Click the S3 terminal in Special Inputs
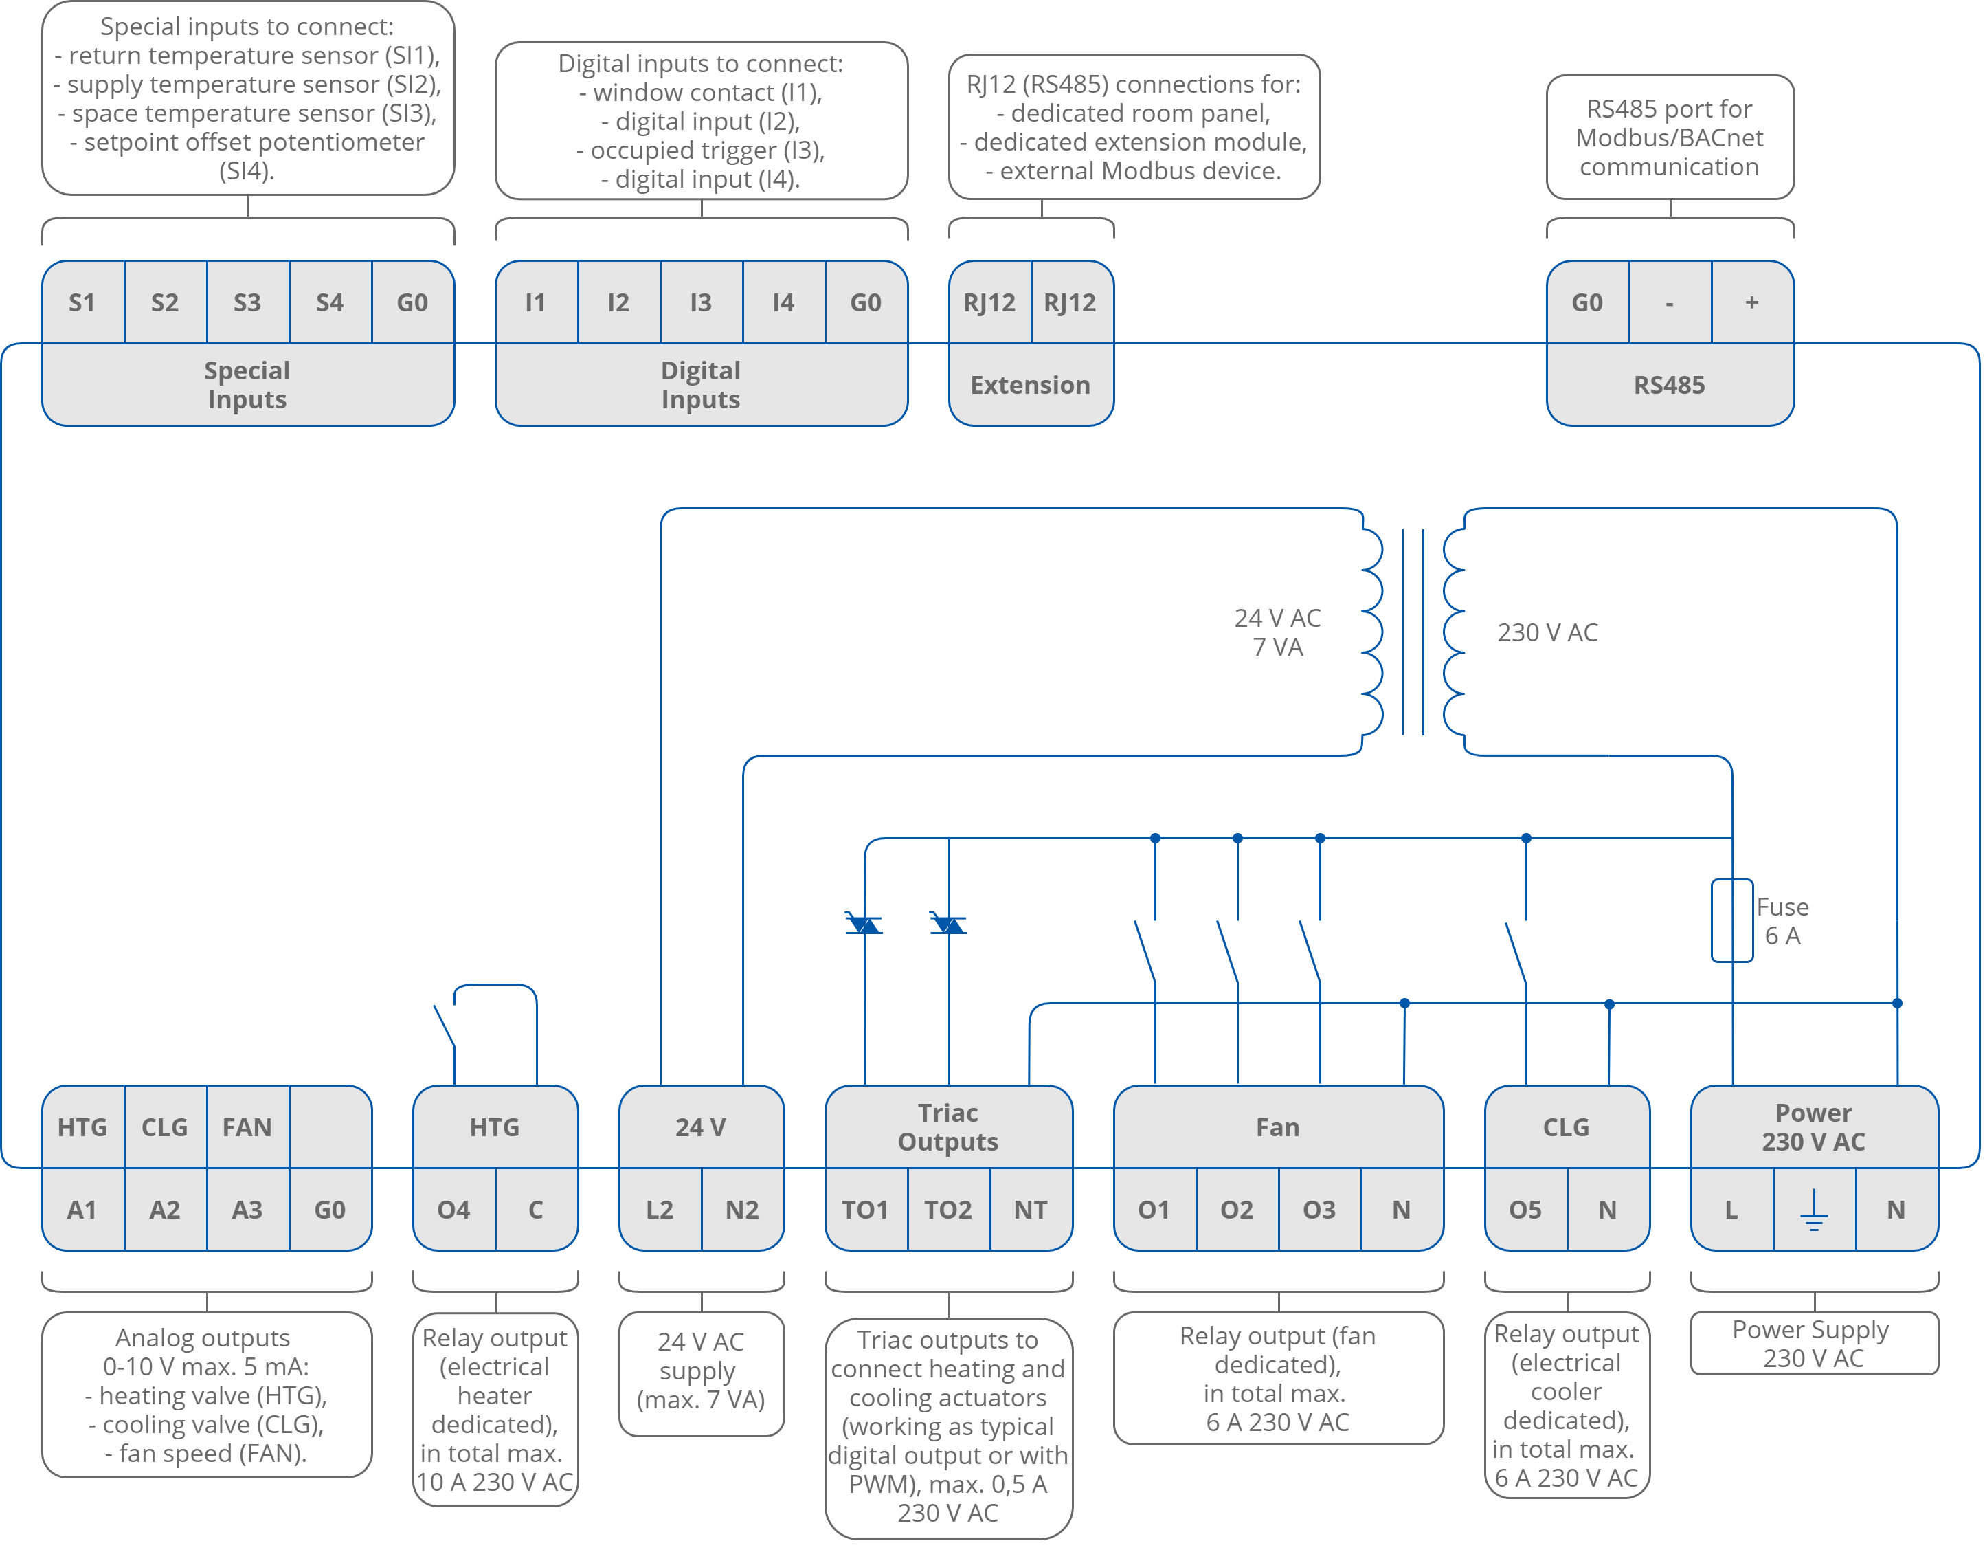(x=247, y=303)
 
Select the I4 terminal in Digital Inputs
(x=783, y=303)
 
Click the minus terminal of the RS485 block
(x=1670, y=303)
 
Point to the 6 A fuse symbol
(x=1731, y=920)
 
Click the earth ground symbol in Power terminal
(x=1813, y=1212)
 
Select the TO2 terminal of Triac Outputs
(x=947, y=1210)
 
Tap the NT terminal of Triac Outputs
(x=1030, y=1210)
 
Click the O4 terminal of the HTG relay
(x=453, y=1210)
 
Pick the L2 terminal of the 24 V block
(x=660, y=1210)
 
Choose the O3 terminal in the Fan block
(x=1319, y=1210)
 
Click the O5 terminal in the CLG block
(x=1525, y=1210)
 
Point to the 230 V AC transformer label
(x=1547, y=632)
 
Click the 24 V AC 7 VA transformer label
(x=1277, y=632)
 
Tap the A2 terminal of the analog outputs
(x=165, y=1210)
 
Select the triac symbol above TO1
(x=864, y=923)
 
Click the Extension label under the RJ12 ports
(x=1030, y=386)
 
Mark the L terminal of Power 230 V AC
(x=1731, y=1210)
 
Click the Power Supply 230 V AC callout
(x=1813, y=1343)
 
